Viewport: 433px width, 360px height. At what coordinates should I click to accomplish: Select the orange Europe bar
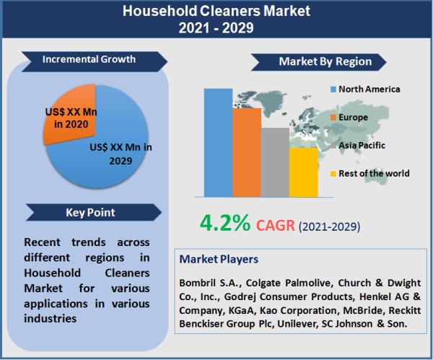[246, 152]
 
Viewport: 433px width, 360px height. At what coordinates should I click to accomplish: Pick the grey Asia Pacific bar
[274, 162]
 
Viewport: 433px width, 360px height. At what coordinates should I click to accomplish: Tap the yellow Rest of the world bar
[303, 172]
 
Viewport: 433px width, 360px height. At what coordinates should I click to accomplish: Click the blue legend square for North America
[333, 89]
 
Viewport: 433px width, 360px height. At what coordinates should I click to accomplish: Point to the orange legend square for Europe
[333, 117]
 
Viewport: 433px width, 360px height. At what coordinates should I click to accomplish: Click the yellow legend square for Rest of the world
[333, 173]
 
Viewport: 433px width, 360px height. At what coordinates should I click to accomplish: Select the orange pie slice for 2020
[69, 112]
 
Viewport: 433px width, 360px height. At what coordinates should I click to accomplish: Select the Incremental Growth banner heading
[88, 59]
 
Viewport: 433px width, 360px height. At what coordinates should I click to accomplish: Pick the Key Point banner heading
[90, 213]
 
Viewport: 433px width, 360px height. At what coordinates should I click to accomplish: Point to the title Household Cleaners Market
[216, 12]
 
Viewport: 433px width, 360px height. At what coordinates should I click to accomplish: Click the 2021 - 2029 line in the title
[216, 28]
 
